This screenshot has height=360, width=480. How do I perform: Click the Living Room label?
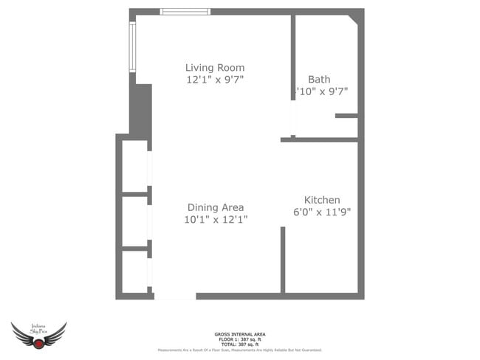click(x=215, y=68)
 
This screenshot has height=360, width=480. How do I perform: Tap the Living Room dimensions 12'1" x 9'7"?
click(x=215, y=80)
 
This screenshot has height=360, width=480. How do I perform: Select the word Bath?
click(x=319, y=80)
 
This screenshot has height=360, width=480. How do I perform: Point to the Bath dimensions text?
click(x=322, y=91)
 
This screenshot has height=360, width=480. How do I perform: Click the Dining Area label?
click(x=216, y=207)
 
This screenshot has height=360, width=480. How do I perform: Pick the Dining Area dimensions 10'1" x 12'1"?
click(x=216, y=219)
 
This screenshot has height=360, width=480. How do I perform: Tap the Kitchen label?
click(x=322, y=200)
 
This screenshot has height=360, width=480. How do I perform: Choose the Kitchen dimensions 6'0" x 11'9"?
click(x=322, y=212)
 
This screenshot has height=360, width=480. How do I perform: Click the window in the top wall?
click(x=185, y=12)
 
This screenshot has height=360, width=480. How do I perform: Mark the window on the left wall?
click(x=133, y=46)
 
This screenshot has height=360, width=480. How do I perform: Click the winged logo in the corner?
click(x=38, y=336)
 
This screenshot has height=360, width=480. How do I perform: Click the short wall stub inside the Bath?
click(x=346, y=116)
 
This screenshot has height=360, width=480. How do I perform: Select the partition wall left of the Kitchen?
click(x=283, y=260)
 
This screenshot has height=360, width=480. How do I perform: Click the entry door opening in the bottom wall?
click(x=175, y=296)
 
